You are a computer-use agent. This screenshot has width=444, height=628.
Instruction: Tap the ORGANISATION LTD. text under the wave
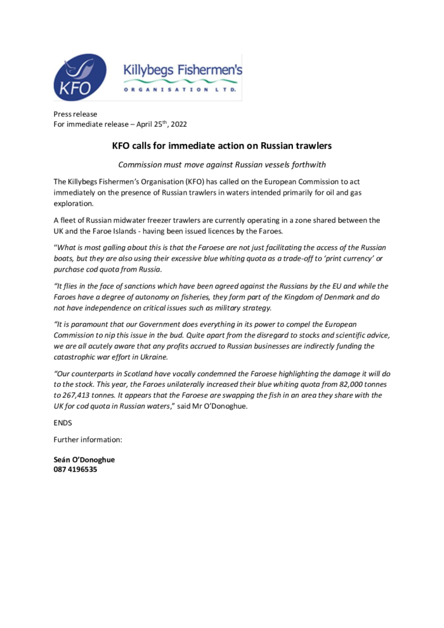click(x=181, y=90)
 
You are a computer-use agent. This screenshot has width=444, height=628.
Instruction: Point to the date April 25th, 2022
click(x=162, y=124)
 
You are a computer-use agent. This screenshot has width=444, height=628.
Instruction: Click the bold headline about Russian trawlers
click(x=221, y=146)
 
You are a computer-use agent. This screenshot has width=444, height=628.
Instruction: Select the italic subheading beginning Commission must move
click(x=221, y=165)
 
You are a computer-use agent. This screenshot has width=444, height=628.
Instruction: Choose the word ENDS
click(x=63, y=422)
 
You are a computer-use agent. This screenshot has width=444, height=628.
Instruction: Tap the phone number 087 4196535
click(x=75, y=470)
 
